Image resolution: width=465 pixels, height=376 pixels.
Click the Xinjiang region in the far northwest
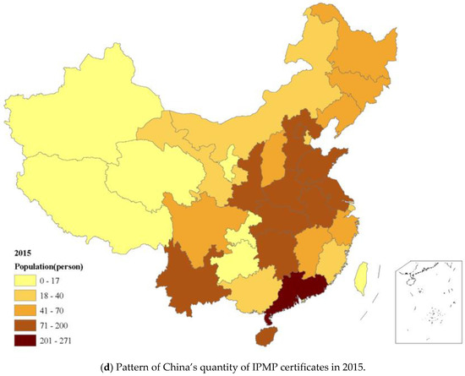pyautogui.click(x=76, y=110)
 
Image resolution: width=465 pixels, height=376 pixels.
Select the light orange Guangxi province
pyautogui.click(x=249, y=296)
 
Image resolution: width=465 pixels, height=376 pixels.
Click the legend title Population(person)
pyautogui.click(x=52, y=264)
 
